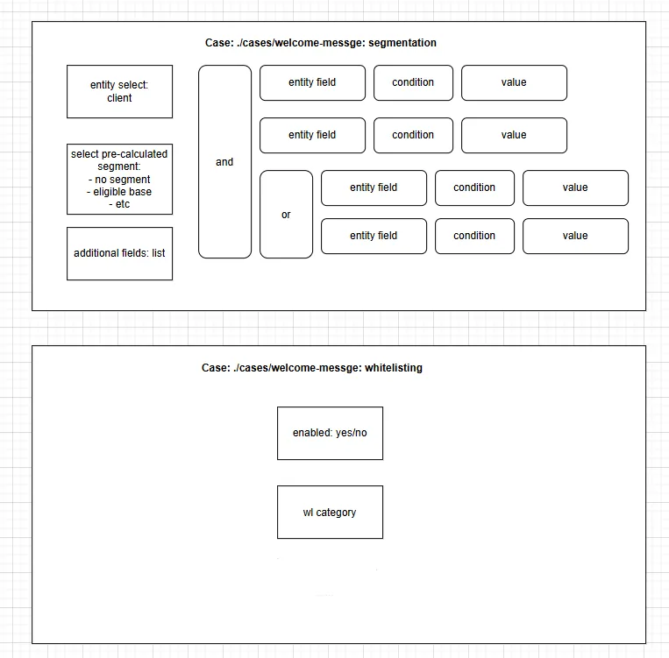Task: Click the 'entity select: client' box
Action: [x=119, y=91]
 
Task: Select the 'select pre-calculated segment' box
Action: [x=119, y=179]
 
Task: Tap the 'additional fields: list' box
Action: [x=119, y=254]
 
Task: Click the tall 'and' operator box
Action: [x=224, y=161]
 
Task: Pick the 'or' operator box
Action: [x=287, y=214]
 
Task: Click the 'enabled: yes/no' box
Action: [x=330, y=434]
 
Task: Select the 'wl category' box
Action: [x=330, y=513]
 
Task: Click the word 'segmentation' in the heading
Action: [x=402, y=43]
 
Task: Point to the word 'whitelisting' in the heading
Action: [x=394, y=368]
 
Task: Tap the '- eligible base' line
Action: [x=119, y=192]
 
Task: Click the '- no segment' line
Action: [x=119, y=180]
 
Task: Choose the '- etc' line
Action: [x=119, y=204]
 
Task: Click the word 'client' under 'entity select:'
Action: [x=119, y=98]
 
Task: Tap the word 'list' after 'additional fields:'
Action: [x=159, y=253]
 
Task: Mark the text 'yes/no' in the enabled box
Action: [x=351, y=433]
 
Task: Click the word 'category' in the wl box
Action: [x=336, y=513]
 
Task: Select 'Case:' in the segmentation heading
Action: [x=219, y=43]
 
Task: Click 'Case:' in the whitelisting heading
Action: [x=216, y=368]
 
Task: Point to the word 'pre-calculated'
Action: [x=134, y=154]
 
